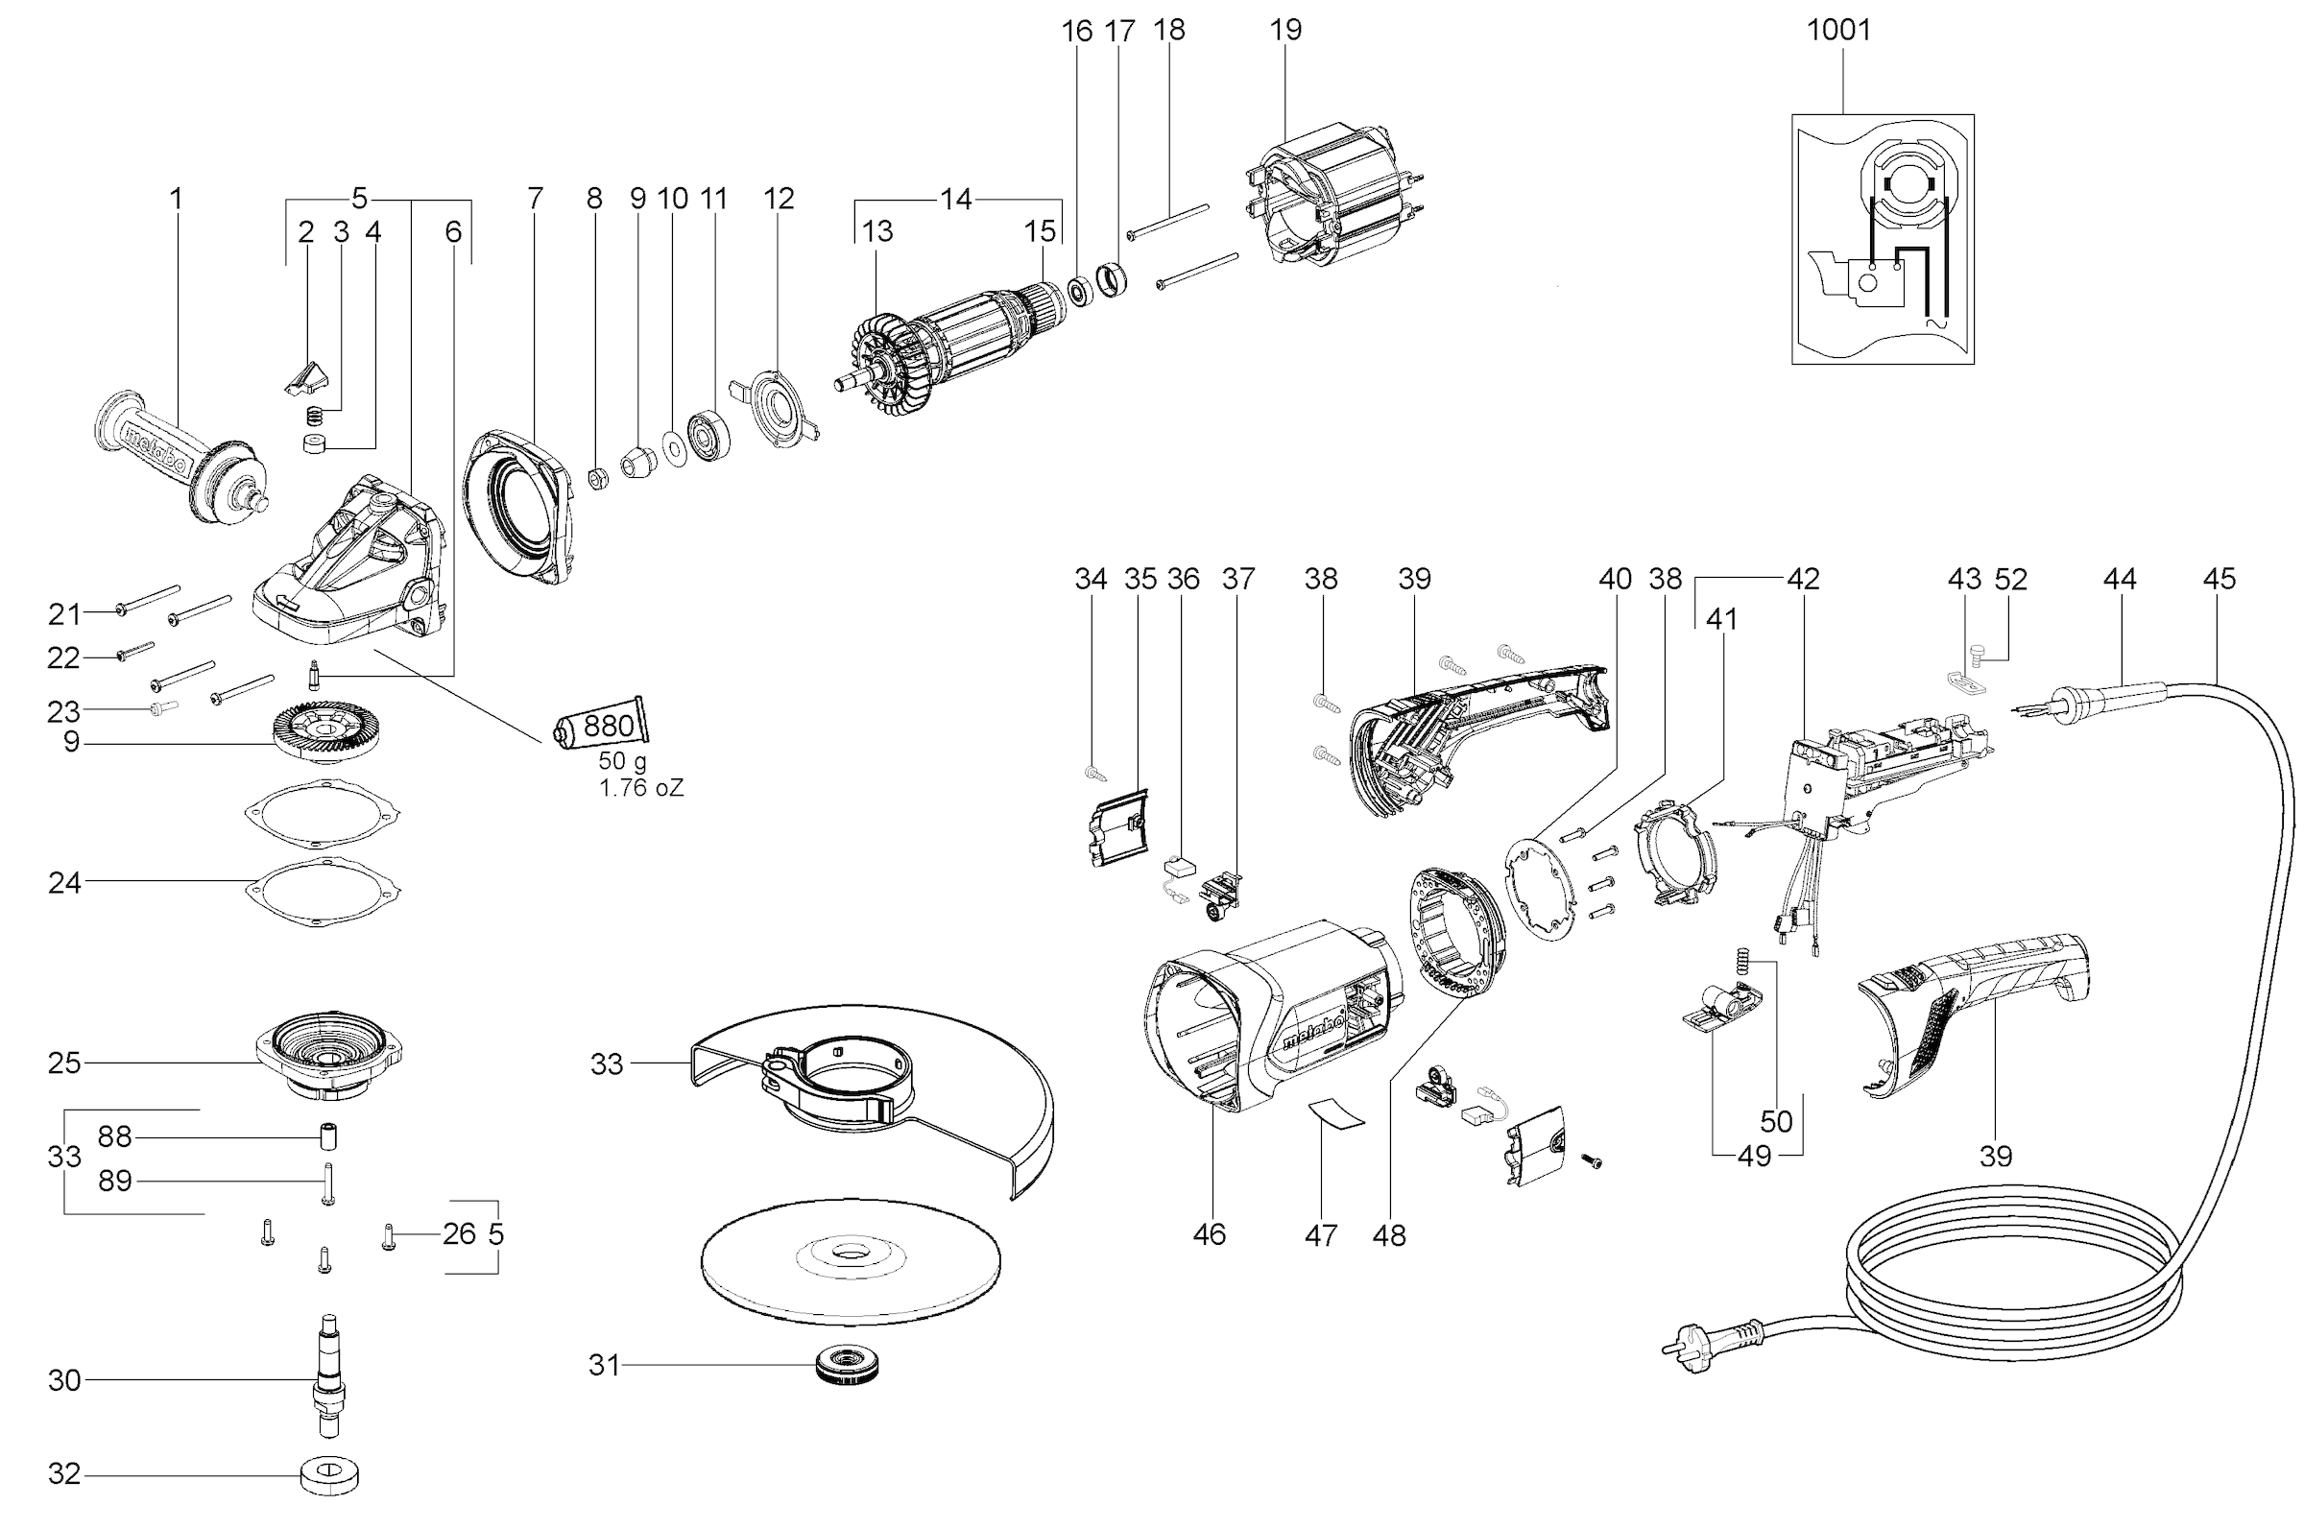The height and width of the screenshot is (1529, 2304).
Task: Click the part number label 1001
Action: tap(1838, 30)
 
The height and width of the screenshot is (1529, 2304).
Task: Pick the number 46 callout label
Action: tap(1209, 1234)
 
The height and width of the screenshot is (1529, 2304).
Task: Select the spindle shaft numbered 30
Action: tap(329, 1379)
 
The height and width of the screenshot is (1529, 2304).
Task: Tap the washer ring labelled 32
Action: tap(329, 1475)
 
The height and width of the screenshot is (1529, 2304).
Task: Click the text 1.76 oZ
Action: tap(640, 788)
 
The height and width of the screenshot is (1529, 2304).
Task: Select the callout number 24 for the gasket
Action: tap(64, 882)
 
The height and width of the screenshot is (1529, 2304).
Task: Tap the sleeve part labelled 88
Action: tap(328, 1137)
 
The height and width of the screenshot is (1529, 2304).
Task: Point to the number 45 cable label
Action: tap(2219, 578)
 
